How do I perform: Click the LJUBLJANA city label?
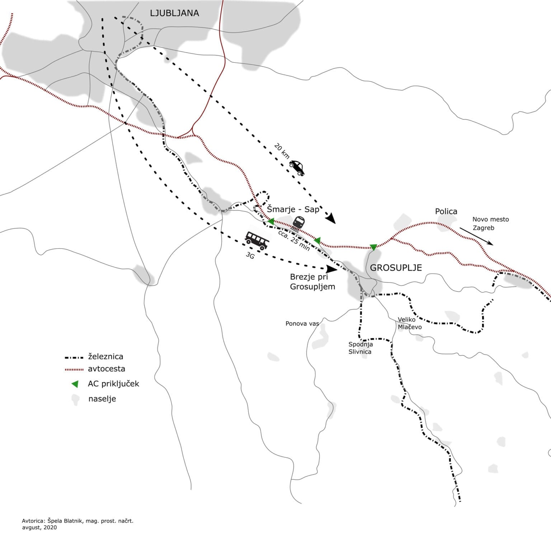pos(174,13)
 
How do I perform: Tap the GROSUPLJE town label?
pos(396,268)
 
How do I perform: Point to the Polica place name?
pos(446,211)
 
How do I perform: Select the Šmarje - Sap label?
pos(293,209)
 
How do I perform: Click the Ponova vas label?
pos(302,324)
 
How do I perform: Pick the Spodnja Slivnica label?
pos(361,348)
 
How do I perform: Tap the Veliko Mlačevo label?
pos(410,323)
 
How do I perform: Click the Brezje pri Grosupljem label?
pos(312,282)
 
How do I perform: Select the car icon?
pos(297,168)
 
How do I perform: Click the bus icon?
pos(257,240)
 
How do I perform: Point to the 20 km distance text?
pos(282,151)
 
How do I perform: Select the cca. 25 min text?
pos(294,240)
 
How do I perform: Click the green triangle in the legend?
pos(75,384)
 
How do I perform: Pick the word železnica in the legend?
pos(105,357)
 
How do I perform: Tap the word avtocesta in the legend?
pos(107,369)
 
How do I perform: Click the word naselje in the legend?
pos(102,399)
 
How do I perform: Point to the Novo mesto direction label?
pos(490,219)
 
